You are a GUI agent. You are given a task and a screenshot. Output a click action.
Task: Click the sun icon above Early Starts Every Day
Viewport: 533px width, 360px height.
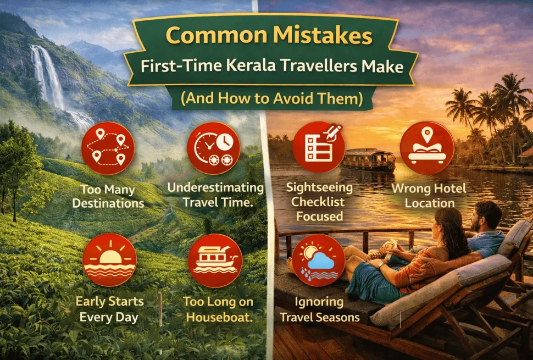pyautogui.click(x=109, y=259)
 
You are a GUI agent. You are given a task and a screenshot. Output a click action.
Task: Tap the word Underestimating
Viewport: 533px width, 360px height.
pyautogui.click(x=215, y=189)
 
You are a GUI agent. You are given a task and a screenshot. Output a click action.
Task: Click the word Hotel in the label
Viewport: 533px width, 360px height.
pyautogui.click(x=447, y=189)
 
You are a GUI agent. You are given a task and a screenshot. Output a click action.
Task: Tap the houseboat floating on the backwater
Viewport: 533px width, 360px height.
pyautogui.click(x=368, y=160)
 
